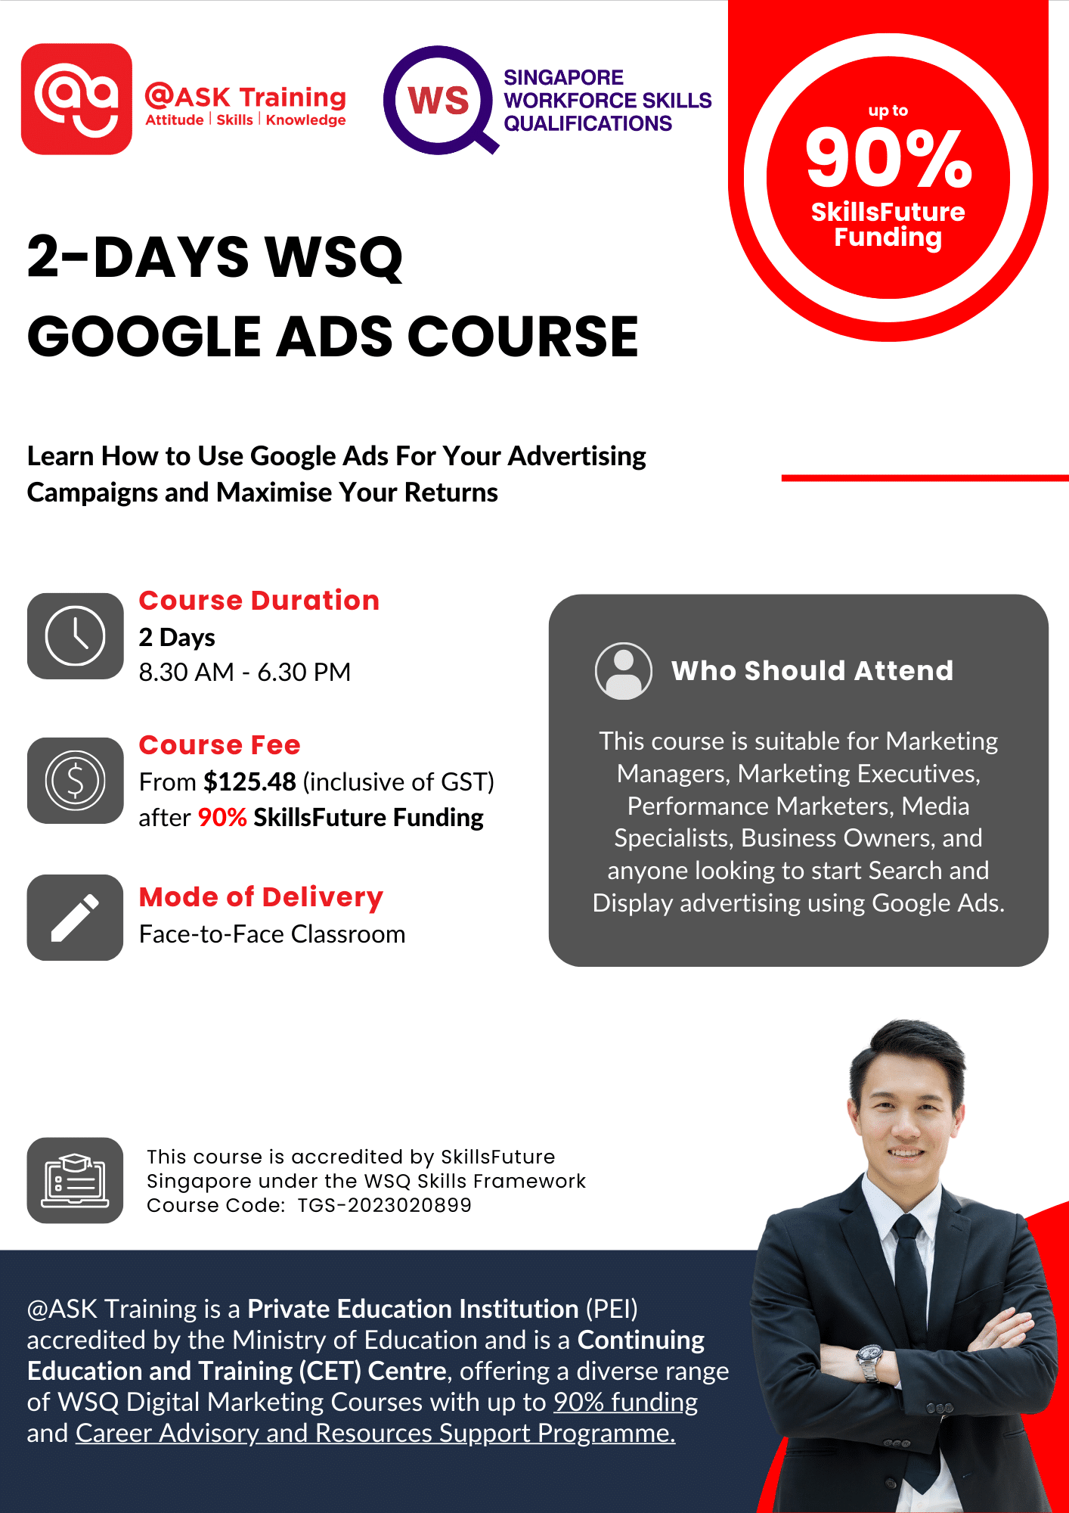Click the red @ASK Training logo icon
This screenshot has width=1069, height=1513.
point(76,99)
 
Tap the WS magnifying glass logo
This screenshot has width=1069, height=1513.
point(439,100)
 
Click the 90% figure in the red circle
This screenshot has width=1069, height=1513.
point(888,158)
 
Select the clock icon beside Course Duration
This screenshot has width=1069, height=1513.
point(75,636)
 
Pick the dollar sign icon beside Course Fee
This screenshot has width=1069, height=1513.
point(75,780)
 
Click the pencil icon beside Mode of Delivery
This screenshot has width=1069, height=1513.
point(75,918)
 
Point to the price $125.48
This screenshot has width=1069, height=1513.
point(249,781)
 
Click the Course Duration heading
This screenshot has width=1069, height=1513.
point(259,600)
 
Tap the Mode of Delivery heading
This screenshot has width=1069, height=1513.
point(261,896)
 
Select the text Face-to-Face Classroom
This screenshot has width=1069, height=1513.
point(272,934)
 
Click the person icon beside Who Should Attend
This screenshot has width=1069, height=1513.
point(623,671)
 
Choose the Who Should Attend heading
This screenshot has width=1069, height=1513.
point(812,671)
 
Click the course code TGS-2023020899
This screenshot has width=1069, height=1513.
point(384,1205)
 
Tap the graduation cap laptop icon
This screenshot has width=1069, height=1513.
point(75,1180)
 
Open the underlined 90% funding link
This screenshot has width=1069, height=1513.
point(625,1402)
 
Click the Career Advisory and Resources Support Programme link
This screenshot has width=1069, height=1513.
point(375,1433)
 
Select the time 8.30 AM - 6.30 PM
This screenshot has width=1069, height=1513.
point(244,672)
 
